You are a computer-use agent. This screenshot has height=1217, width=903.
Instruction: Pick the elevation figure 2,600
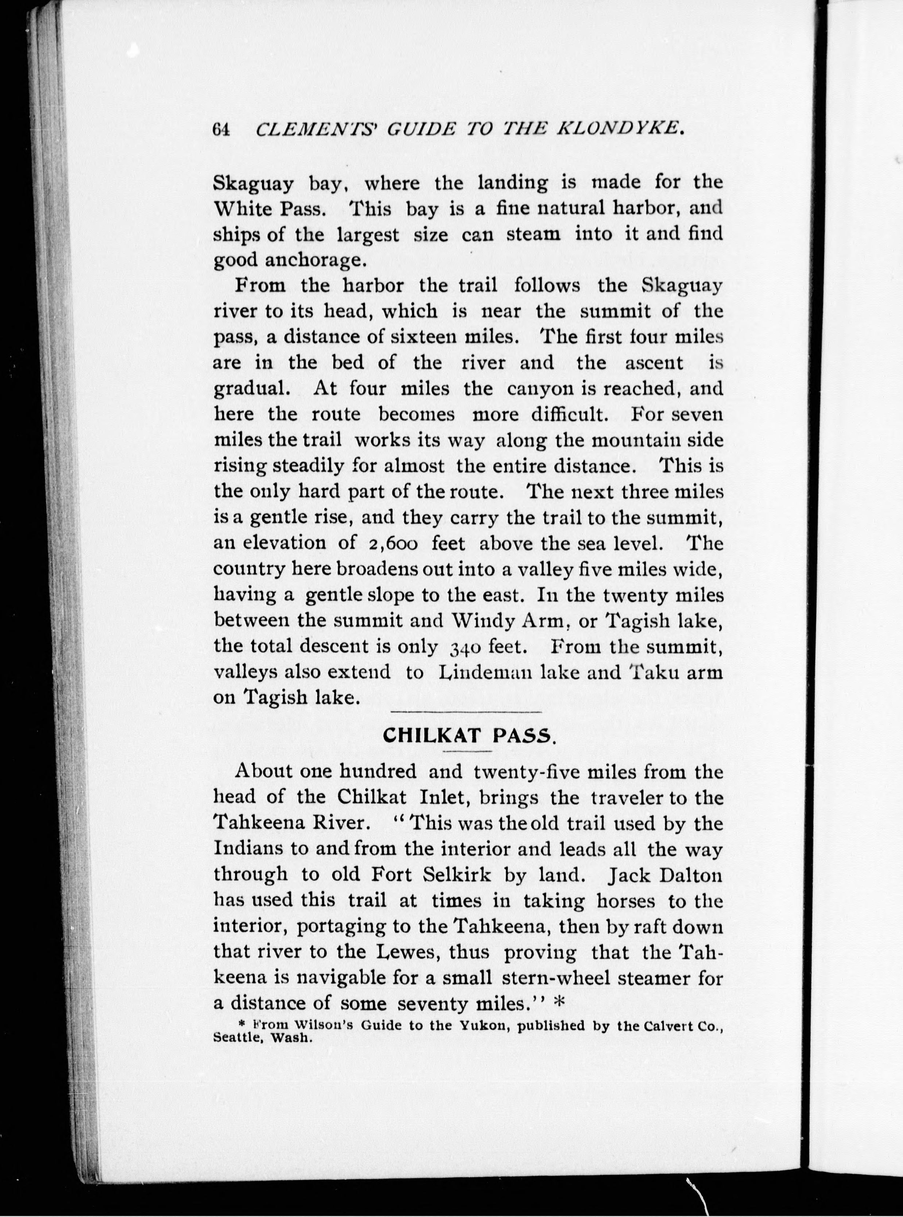(390, 544)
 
